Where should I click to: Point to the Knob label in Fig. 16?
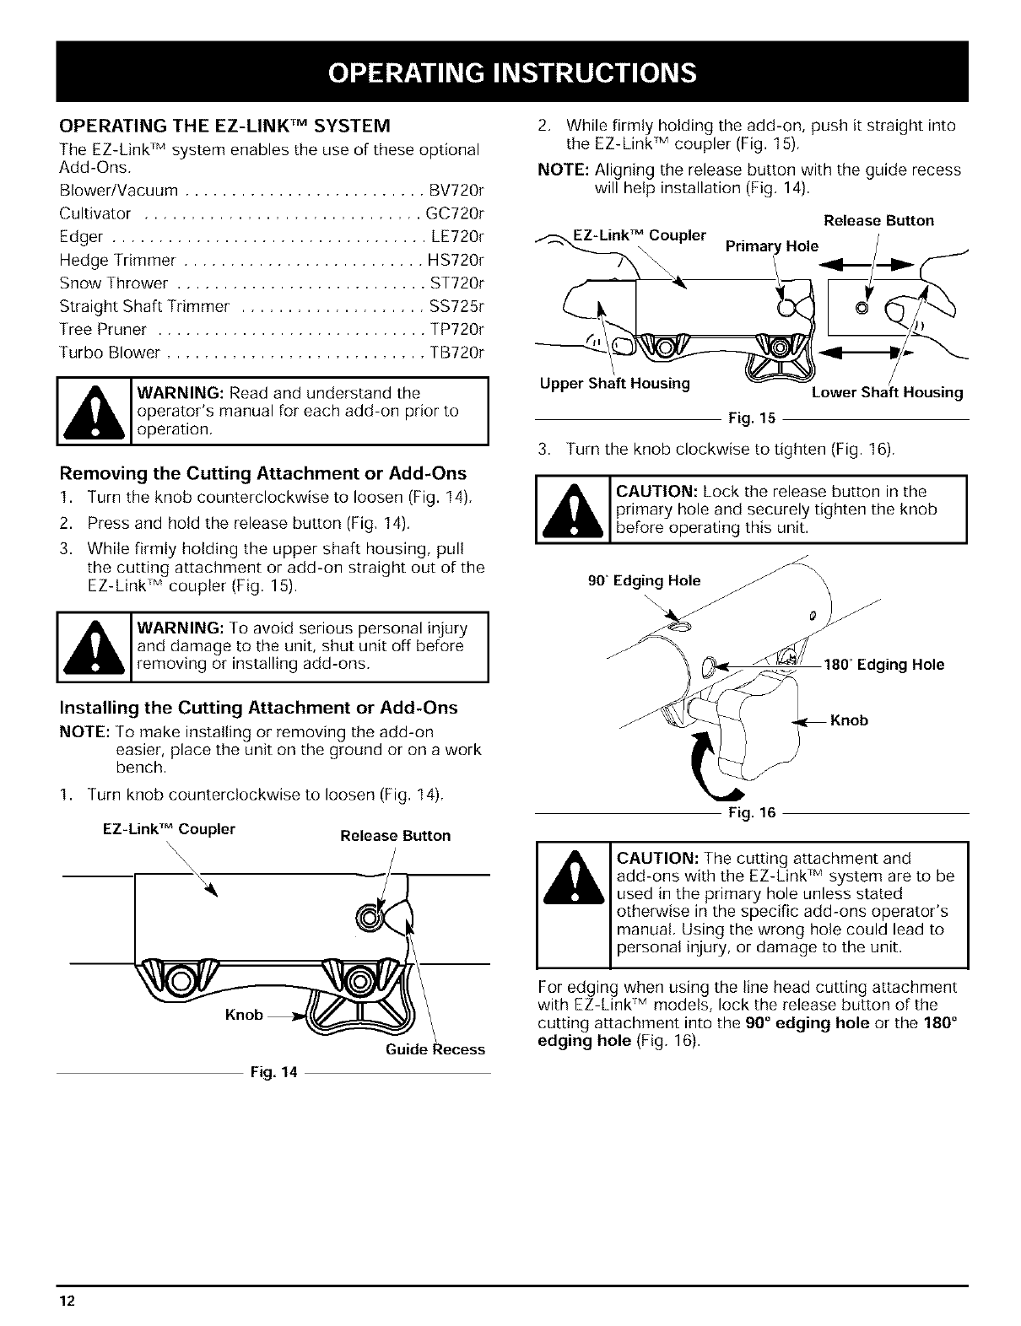tap(849, 720)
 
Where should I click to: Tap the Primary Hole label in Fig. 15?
tap(772, 246)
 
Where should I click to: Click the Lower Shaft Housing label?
tap(887, 392)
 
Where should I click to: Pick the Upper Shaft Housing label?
tap(615, 385)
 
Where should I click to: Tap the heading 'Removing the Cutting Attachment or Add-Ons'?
tap(262, 473)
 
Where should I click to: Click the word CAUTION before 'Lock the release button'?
tap(656, 491)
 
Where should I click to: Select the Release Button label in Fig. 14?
tap(395, 836)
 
